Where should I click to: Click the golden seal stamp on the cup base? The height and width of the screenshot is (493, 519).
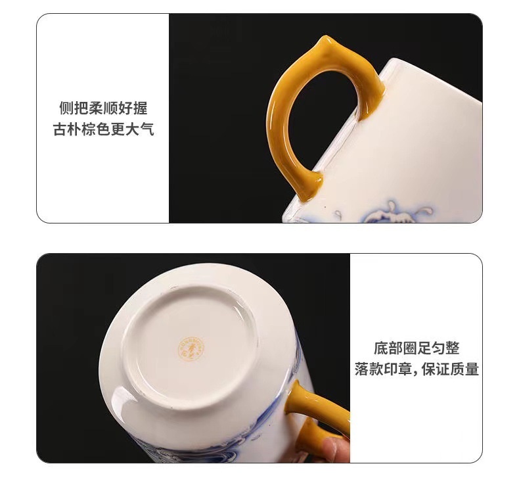coord(191,348)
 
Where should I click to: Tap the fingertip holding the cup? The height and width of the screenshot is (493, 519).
coord(334,450)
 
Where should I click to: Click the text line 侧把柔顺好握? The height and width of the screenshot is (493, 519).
coord(103,108)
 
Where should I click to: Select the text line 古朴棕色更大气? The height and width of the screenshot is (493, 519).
coord(103,129)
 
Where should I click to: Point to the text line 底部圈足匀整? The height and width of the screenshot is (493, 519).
coord(417,348)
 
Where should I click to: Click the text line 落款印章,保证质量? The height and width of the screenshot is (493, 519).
coord(417,369)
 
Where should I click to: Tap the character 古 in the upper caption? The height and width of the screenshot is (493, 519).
coord(60,129)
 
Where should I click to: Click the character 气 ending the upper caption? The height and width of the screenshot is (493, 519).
coord(147,129)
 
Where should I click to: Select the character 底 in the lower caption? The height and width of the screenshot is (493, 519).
coord(380,348)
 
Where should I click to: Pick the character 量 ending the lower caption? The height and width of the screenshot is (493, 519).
coord(472,369)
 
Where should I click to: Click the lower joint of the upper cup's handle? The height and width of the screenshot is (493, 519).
coord(312,185)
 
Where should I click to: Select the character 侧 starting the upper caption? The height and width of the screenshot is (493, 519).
coord(66,108)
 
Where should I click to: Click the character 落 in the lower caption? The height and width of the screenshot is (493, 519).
coord(361,369)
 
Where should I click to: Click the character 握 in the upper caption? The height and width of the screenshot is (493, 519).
coord(141,108)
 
